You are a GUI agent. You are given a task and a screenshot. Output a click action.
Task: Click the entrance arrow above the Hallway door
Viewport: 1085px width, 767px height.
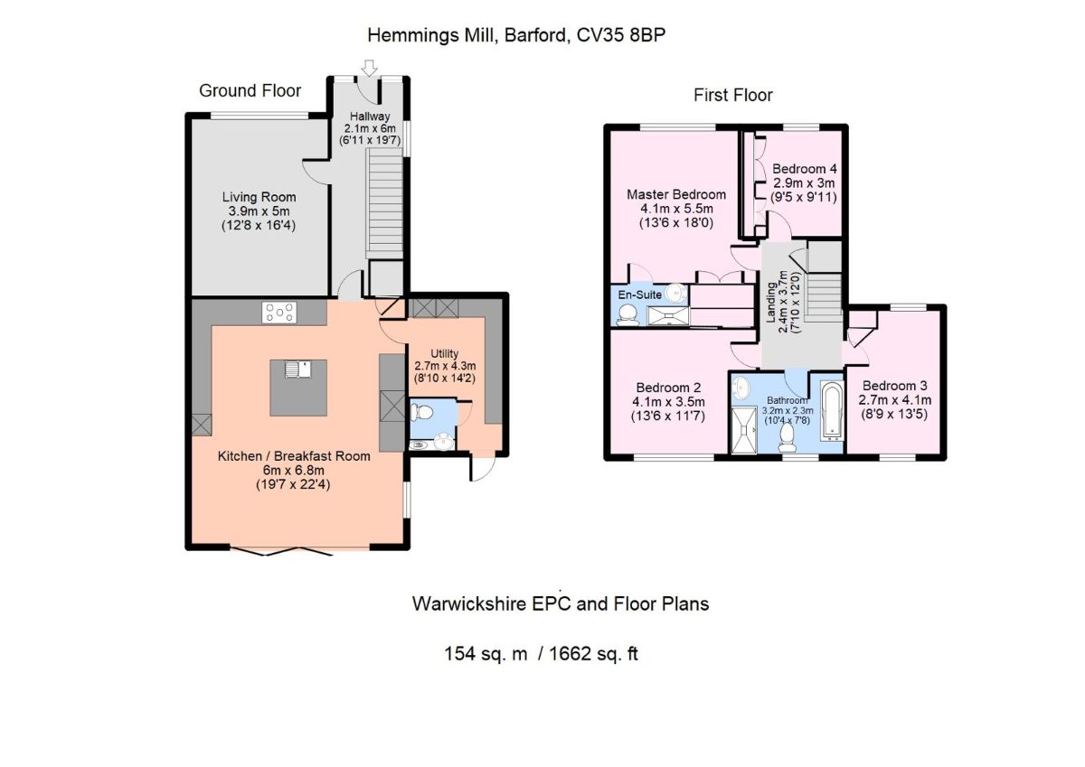click(370, 68)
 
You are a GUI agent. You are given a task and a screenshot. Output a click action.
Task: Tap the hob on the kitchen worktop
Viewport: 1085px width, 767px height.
click(279, 312)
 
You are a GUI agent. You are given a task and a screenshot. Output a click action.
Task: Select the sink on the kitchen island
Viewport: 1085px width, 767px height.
click(297, 369)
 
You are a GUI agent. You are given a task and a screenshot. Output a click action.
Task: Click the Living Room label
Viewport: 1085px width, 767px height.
click(259, 197)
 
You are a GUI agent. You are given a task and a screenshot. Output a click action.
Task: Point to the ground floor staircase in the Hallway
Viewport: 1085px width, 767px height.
click(384, 204)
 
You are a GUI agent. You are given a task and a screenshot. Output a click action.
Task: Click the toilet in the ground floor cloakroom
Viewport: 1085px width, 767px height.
click(421, 412)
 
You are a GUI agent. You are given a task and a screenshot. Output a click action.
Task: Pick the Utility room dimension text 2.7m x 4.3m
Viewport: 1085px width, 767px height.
click(445, 366)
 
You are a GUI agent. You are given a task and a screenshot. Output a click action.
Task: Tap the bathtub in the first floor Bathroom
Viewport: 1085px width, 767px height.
click(832, 411)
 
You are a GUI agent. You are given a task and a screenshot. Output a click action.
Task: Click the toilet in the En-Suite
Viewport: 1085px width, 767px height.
click(627, 314)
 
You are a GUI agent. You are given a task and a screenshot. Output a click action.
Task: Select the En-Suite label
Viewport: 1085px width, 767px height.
click(639, 295)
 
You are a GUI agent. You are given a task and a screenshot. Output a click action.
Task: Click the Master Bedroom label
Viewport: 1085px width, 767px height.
click(676, 194)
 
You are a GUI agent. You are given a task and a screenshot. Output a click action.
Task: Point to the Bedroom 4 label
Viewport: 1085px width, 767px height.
click(804, 169)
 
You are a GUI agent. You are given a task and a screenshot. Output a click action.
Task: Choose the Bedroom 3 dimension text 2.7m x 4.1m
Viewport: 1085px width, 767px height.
click(894, 400)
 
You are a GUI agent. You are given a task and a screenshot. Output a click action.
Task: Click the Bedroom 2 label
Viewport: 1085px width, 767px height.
click(668, 388)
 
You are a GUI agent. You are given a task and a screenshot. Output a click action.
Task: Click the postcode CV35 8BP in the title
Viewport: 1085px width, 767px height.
click(621, 35)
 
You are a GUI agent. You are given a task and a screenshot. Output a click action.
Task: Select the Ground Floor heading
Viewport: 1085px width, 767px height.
click(250, 90)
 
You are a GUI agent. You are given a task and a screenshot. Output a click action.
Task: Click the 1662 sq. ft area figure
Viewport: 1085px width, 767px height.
click(593, 654)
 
